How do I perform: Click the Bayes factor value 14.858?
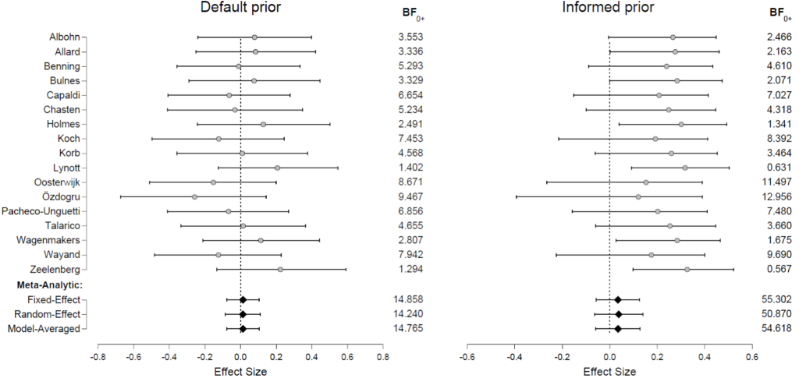tap(410, 299)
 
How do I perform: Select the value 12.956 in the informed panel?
tap(777, 196)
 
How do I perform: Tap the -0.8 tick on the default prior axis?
tap(98, 357)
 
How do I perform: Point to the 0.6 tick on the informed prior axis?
tap(751, 357)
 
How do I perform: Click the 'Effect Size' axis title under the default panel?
tap(240, 372)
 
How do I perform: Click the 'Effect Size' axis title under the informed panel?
tap(609, 372)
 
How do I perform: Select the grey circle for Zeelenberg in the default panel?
tap(280, 270)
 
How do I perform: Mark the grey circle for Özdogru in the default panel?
tap(194, 196)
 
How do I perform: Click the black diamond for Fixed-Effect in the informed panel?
tap(618, 299)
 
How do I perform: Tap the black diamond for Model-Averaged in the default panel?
tap(243, 328)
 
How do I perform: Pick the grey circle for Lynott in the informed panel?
tap(685, 168)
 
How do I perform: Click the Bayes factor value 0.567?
tap(779, 270)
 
